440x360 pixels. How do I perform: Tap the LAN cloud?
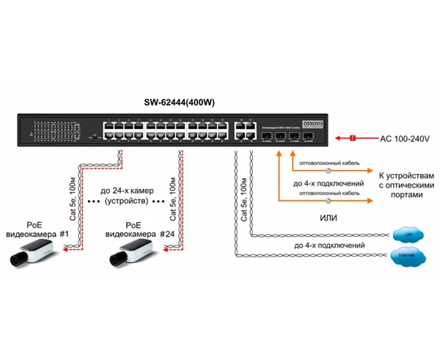[x=404, y=234]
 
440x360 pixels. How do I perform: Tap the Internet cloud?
[x=404, y=255]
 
